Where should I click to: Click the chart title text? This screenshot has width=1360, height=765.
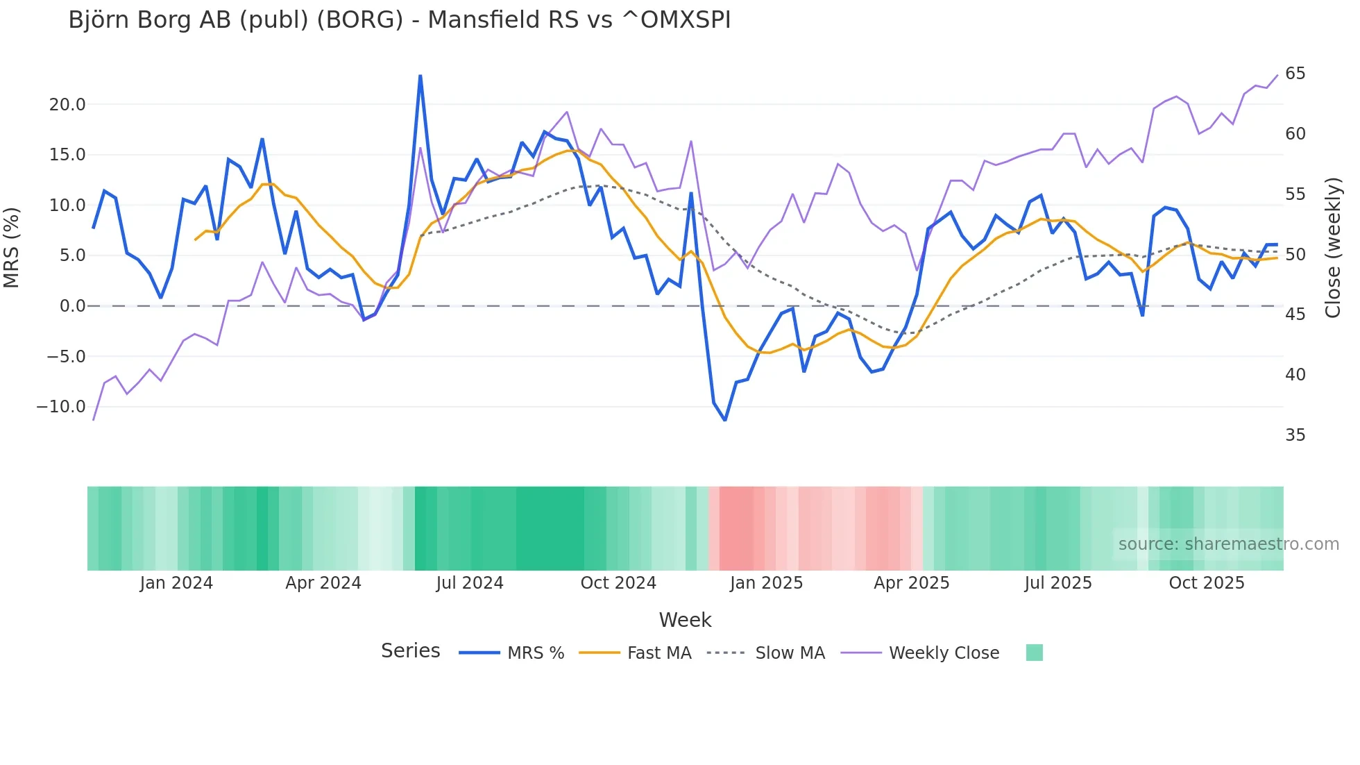point(399,20)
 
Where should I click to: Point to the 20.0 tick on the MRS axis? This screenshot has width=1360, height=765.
point(67,105)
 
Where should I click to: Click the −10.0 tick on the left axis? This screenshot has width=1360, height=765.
point(61,407)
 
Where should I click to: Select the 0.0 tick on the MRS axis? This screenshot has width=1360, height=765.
point(72,306)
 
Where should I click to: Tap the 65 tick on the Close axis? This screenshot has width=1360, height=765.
point(1295,74)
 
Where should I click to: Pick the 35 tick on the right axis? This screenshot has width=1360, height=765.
point(1295,435)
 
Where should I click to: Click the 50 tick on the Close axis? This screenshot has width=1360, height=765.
point(1295,255)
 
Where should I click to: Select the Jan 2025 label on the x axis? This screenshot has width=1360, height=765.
point(766,583)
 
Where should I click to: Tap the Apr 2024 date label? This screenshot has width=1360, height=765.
point(323,583)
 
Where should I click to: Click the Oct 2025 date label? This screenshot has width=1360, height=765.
point(1207,583)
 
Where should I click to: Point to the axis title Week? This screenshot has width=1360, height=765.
point(685,620)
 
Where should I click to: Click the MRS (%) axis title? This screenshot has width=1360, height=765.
point(12,248)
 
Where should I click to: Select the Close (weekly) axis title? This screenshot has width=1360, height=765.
point(1333,248)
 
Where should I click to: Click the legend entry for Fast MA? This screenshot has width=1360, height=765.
point(658,653)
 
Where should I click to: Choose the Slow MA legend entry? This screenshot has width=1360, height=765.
point(790,653)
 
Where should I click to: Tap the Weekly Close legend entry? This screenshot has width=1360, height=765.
point(944,653)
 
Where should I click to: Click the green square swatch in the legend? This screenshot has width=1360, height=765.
point(1034,653)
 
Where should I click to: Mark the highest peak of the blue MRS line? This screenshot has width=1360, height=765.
point(420,76)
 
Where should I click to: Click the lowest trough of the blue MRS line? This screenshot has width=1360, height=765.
point(725,420)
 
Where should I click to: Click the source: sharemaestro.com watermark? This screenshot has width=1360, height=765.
point(1228,544)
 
